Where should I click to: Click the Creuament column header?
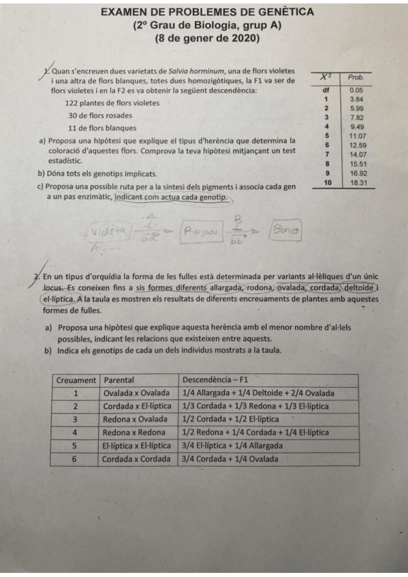click(76, 380)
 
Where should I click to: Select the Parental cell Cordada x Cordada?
click(136, 459)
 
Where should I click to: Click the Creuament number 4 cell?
click(76, 433)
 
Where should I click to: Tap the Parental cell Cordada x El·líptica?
click(137, 406)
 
